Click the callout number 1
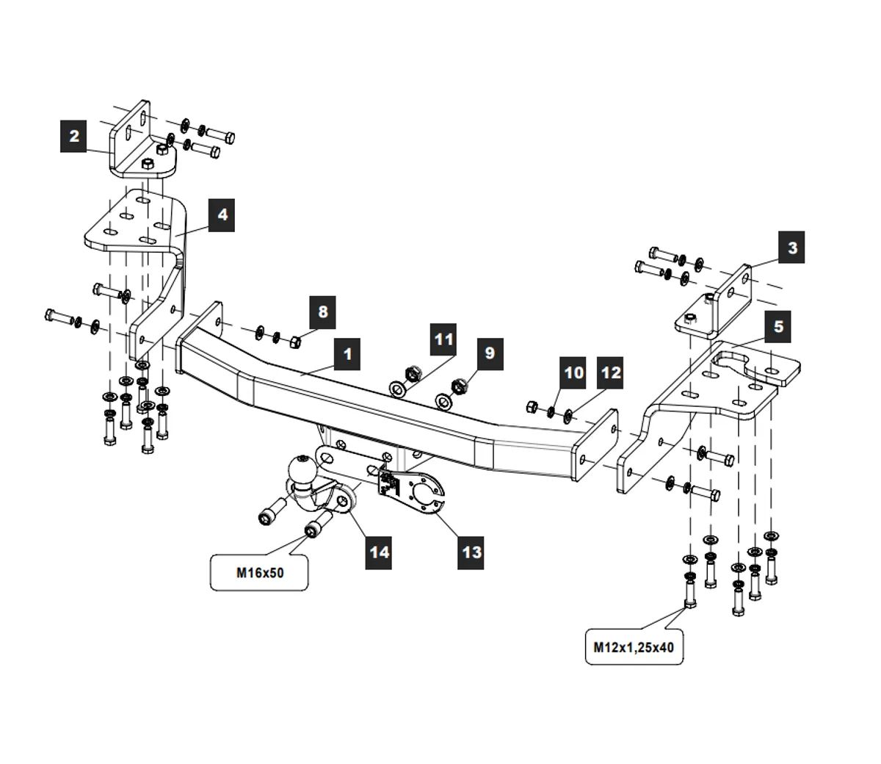pos(347,354)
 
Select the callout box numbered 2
pos(74,137)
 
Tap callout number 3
pos(792,248)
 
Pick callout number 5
pos(778,327)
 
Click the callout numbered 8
pos(323,311)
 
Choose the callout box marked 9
pos(490,353)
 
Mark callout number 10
pos(574,372)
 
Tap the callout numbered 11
pos(444,340)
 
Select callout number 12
pos(610,372)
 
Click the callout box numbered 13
pos(471,551)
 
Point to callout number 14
pos(380,551)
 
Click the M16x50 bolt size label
pos(260,573)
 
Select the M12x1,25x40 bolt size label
pos(634,647)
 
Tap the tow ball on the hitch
pos(302,468)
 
